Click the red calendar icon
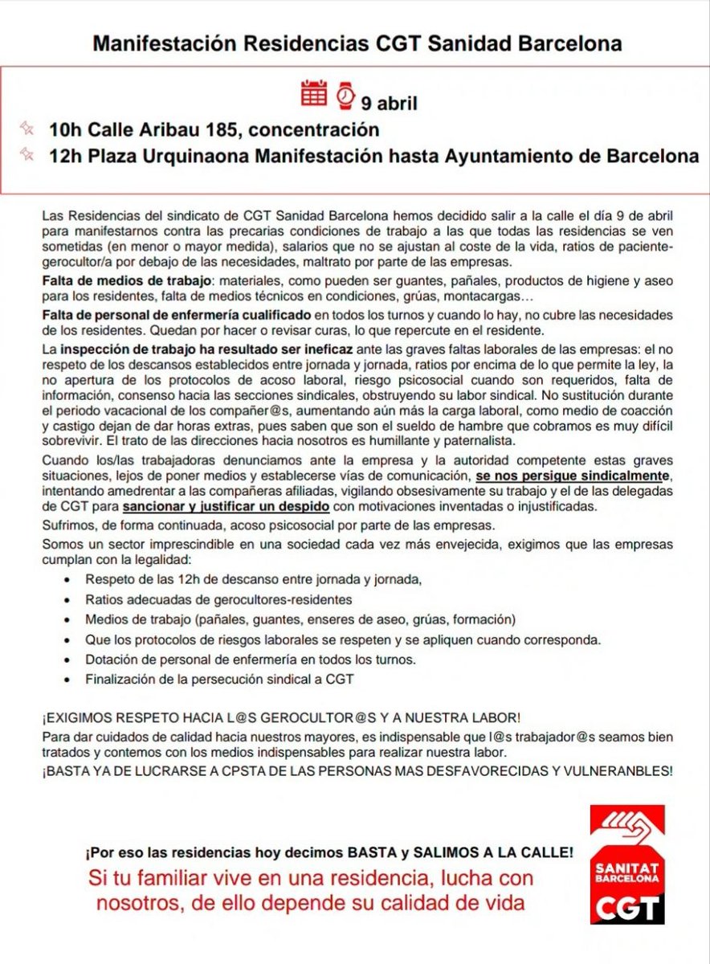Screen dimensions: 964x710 (313, 94)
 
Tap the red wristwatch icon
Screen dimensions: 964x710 (345, 95)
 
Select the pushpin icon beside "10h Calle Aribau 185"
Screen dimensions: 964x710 (27, 128)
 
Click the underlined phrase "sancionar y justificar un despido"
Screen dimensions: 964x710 (226, 507)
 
